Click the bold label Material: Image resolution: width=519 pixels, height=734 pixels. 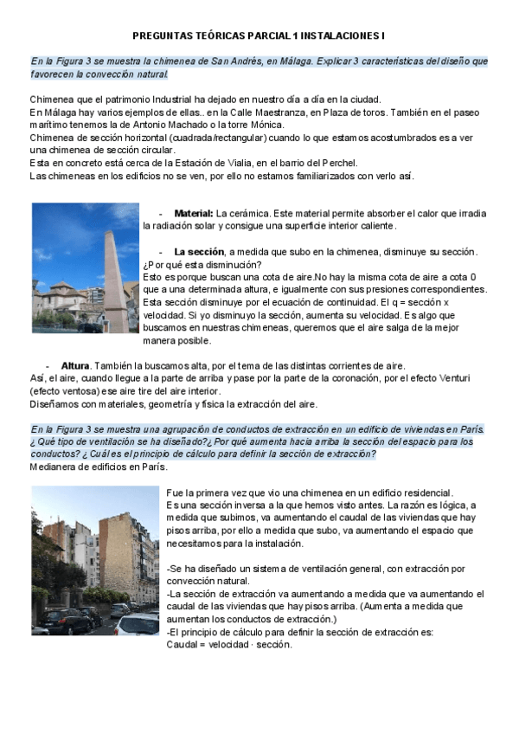pos(194,213)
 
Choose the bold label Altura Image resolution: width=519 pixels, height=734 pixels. pos(75,365)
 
